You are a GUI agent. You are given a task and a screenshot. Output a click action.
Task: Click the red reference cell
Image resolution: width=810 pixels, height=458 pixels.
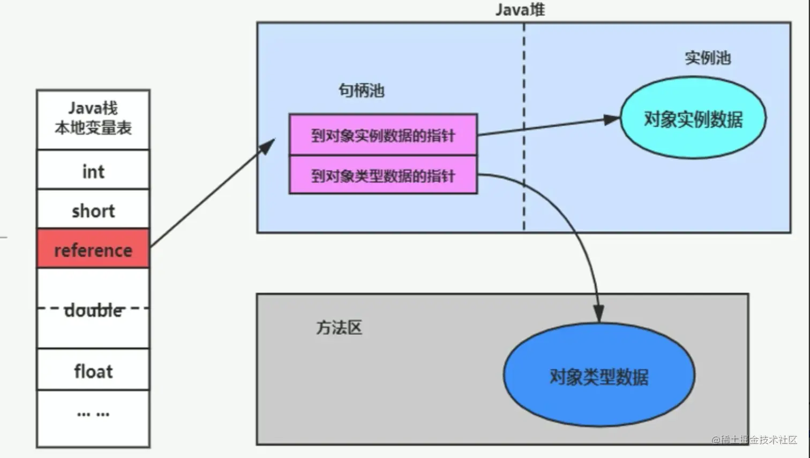93,249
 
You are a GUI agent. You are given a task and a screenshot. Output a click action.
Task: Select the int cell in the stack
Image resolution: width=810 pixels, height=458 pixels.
93,169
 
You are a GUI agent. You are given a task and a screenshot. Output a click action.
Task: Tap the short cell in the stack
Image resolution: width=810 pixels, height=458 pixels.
93,209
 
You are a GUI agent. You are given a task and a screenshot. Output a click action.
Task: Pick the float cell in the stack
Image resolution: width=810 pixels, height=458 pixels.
93,370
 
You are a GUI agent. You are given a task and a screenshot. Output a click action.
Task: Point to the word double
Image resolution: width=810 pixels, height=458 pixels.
94,311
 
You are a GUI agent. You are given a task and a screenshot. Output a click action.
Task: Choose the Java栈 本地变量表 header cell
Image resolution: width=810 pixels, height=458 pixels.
93,119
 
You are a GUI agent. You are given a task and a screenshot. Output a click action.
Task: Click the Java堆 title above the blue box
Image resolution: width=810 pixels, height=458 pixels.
520,10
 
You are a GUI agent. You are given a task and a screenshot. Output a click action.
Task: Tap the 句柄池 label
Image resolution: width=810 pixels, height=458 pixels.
361,91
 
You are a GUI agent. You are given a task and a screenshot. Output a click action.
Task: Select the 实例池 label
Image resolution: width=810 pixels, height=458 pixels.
708,58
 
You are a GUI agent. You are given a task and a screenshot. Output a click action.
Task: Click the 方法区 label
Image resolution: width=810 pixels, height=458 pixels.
339,327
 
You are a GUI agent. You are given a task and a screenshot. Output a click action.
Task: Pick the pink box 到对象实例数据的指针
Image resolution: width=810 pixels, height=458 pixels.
384,135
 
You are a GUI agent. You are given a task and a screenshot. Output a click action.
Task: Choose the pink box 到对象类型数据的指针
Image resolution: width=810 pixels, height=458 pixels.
384,175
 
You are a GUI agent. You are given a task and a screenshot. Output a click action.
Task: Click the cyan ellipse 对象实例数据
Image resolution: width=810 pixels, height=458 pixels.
693,117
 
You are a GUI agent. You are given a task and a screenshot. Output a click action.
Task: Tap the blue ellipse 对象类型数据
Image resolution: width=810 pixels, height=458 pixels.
599,375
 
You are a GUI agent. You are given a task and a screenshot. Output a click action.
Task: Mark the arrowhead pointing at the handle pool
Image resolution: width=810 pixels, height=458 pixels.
268,146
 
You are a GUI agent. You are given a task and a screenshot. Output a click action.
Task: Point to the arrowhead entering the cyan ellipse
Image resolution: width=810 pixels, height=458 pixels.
612,119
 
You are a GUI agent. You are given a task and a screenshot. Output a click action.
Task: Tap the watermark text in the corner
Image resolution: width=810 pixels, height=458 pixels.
754,440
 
